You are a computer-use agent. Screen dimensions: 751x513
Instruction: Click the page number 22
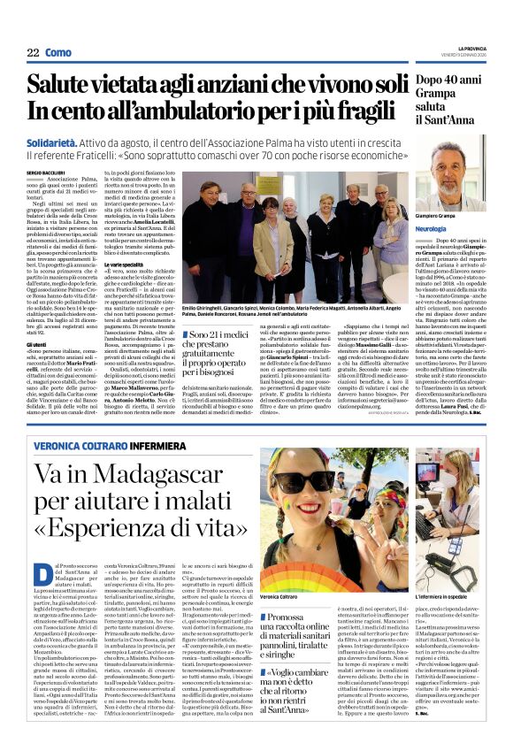pos(31,52)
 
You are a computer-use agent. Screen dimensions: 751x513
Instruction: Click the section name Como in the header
pos(57,52)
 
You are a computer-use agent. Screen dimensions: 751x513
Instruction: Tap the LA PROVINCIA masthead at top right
pos(473,48)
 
